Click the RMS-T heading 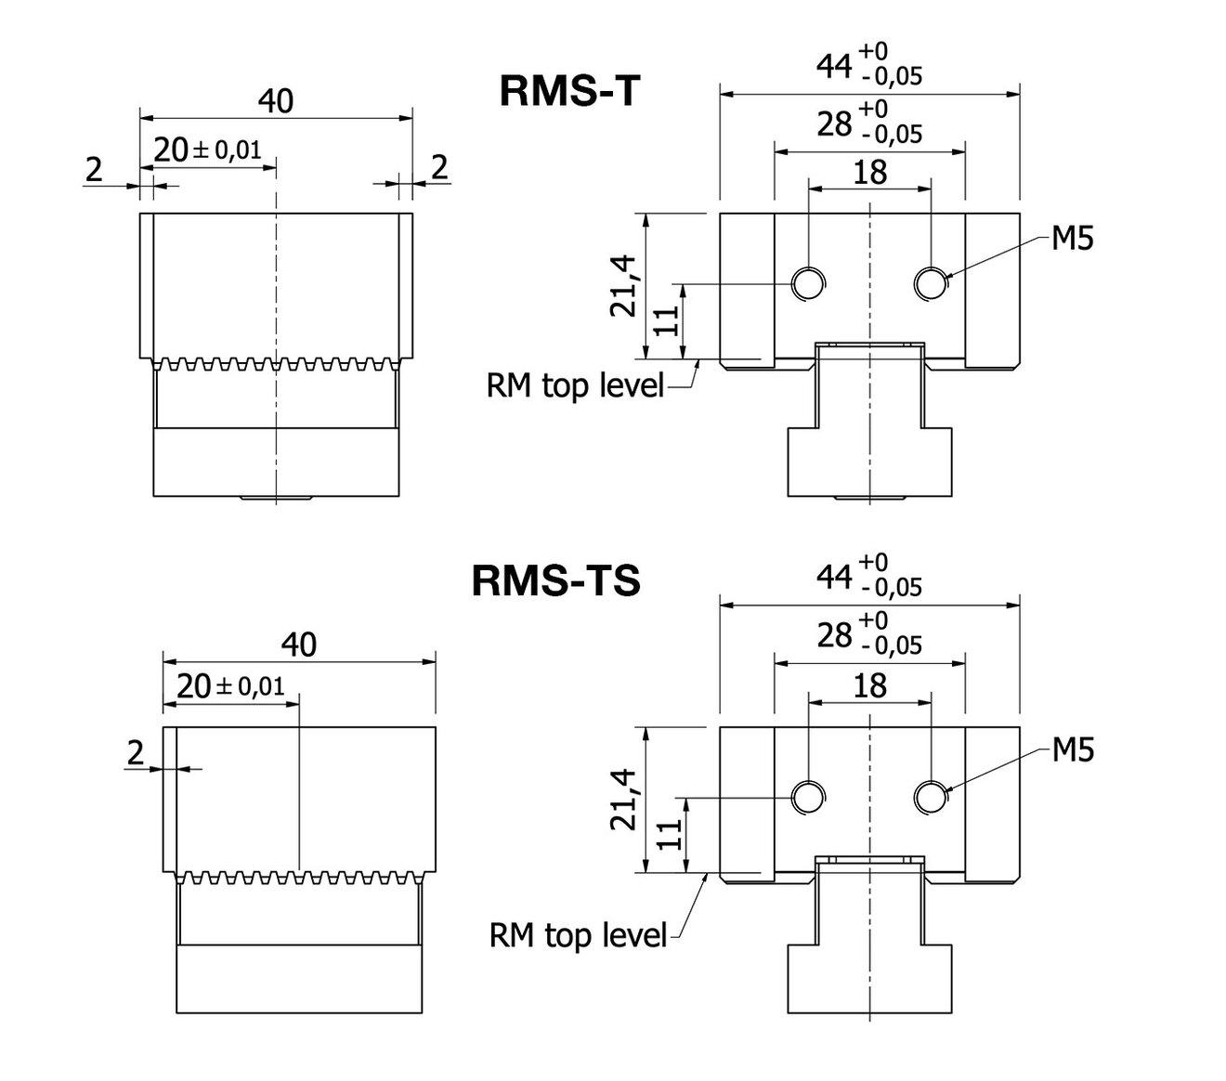pos(569,92)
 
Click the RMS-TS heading pos(555,581)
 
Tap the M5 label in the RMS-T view pos(1072,239)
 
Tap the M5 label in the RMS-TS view pos(1072,749)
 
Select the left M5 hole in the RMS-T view pos(808,282)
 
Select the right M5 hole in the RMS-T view pos(931,282)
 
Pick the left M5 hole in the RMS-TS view pos(808,796)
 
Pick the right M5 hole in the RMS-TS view pos(931,796)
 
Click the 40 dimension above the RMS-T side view pos(275,101)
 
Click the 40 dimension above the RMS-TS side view pos(298,644)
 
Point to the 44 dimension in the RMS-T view pos(834,66)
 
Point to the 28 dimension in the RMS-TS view pos(834,635)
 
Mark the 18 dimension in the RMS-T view pos(868,172)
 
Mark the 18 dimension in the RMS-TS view pos(868,685)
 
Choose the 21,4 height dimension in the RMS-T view pos(624,286)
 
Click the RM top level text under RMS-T pos(576,384)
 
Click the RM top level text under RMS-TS pos(578,934)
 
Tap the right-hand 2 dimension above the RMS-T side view pos(439,167)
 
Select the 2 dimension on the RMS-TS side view pos(137,752)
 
